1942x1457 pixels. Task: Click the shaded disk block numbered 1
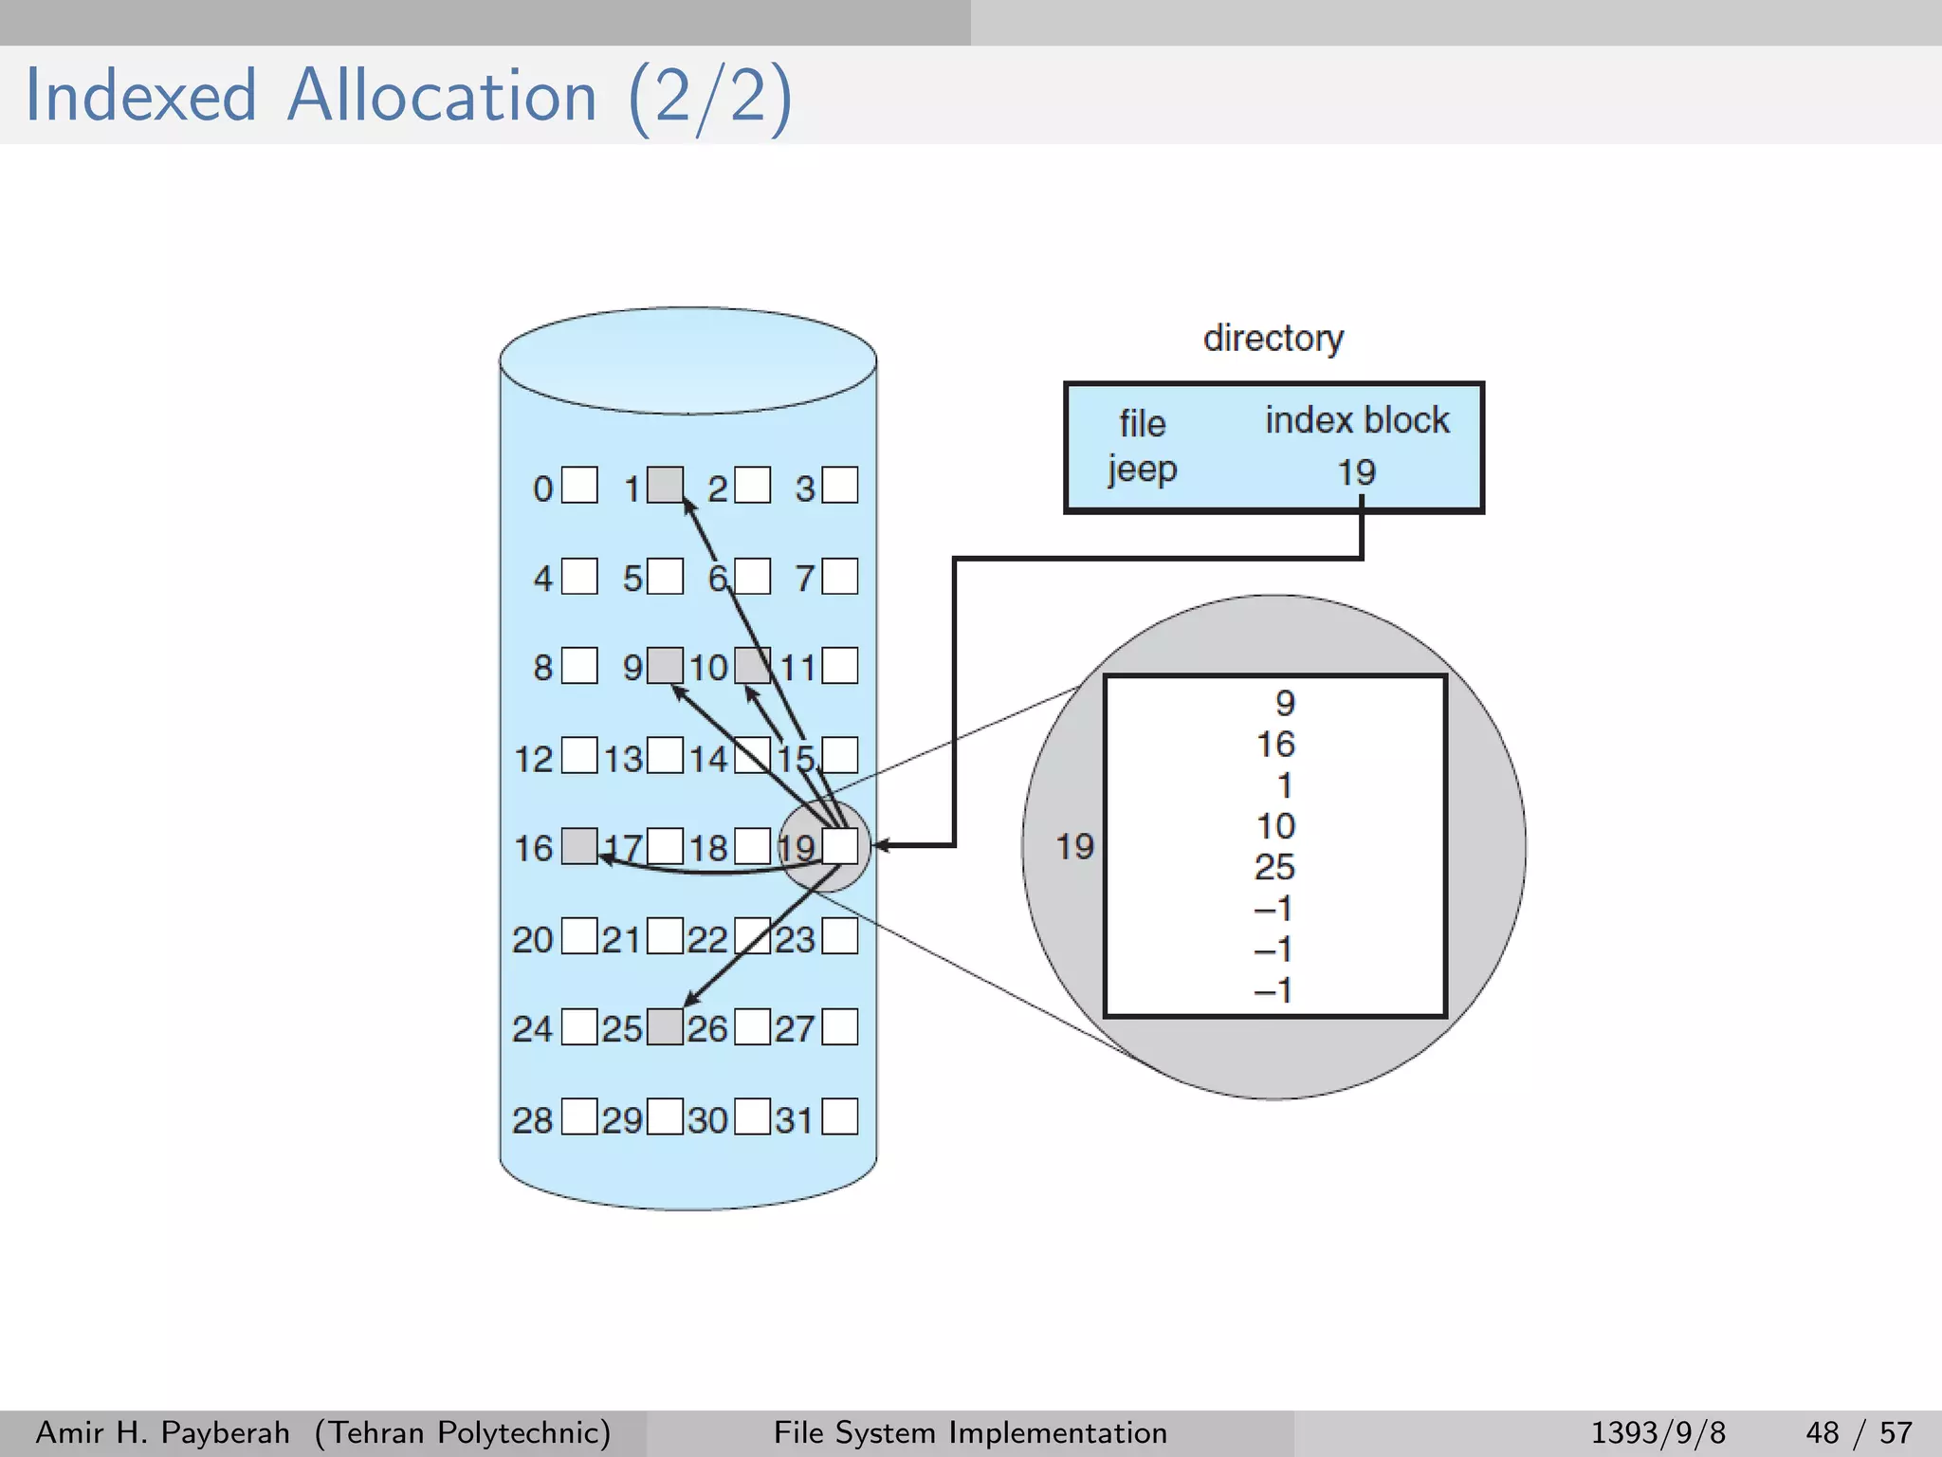click(665, 485)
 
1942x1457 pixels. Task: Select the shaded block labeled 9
click(665, 665)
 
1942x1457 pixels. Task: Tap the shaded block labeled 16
click(579, 845)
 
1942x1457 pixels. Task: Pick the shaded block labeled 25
click(665, 1026)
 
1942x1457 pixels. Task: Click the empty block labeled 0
click(579, 485)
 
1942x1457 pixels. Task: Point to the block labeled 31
click(839, 1116)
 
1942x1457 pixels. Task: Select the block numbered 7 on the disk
click(839, 576)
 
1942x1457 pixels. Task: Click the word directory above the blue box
click(1273, 339)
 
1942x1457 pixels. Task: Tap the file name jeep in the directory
click(1142, 470)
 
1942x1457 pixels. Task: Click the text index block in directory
click(1357, 420)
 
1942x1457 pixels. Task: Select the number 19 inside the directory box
click(1356, 471)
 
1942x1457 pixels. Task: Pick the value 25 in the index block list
click(1274, 867)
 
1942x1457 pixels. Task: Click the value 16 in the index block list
click(1275, 745)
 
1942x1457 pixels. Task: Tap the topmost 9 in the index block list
click(1284, 703)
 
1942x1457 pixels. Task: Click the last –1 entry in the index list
click(1273, 991)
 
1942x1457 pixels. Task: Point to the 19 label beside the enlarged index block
click(1074, 846)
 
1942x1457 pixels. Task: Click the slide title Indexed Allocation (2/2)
click(408, 97)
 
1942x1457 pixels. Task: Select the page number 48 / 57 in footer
click(1859, 1432)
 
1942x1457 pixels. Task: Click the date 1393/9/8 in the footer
click(1658, 1432)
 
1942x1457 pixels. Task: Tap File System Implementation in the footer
click(970, 1432)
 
